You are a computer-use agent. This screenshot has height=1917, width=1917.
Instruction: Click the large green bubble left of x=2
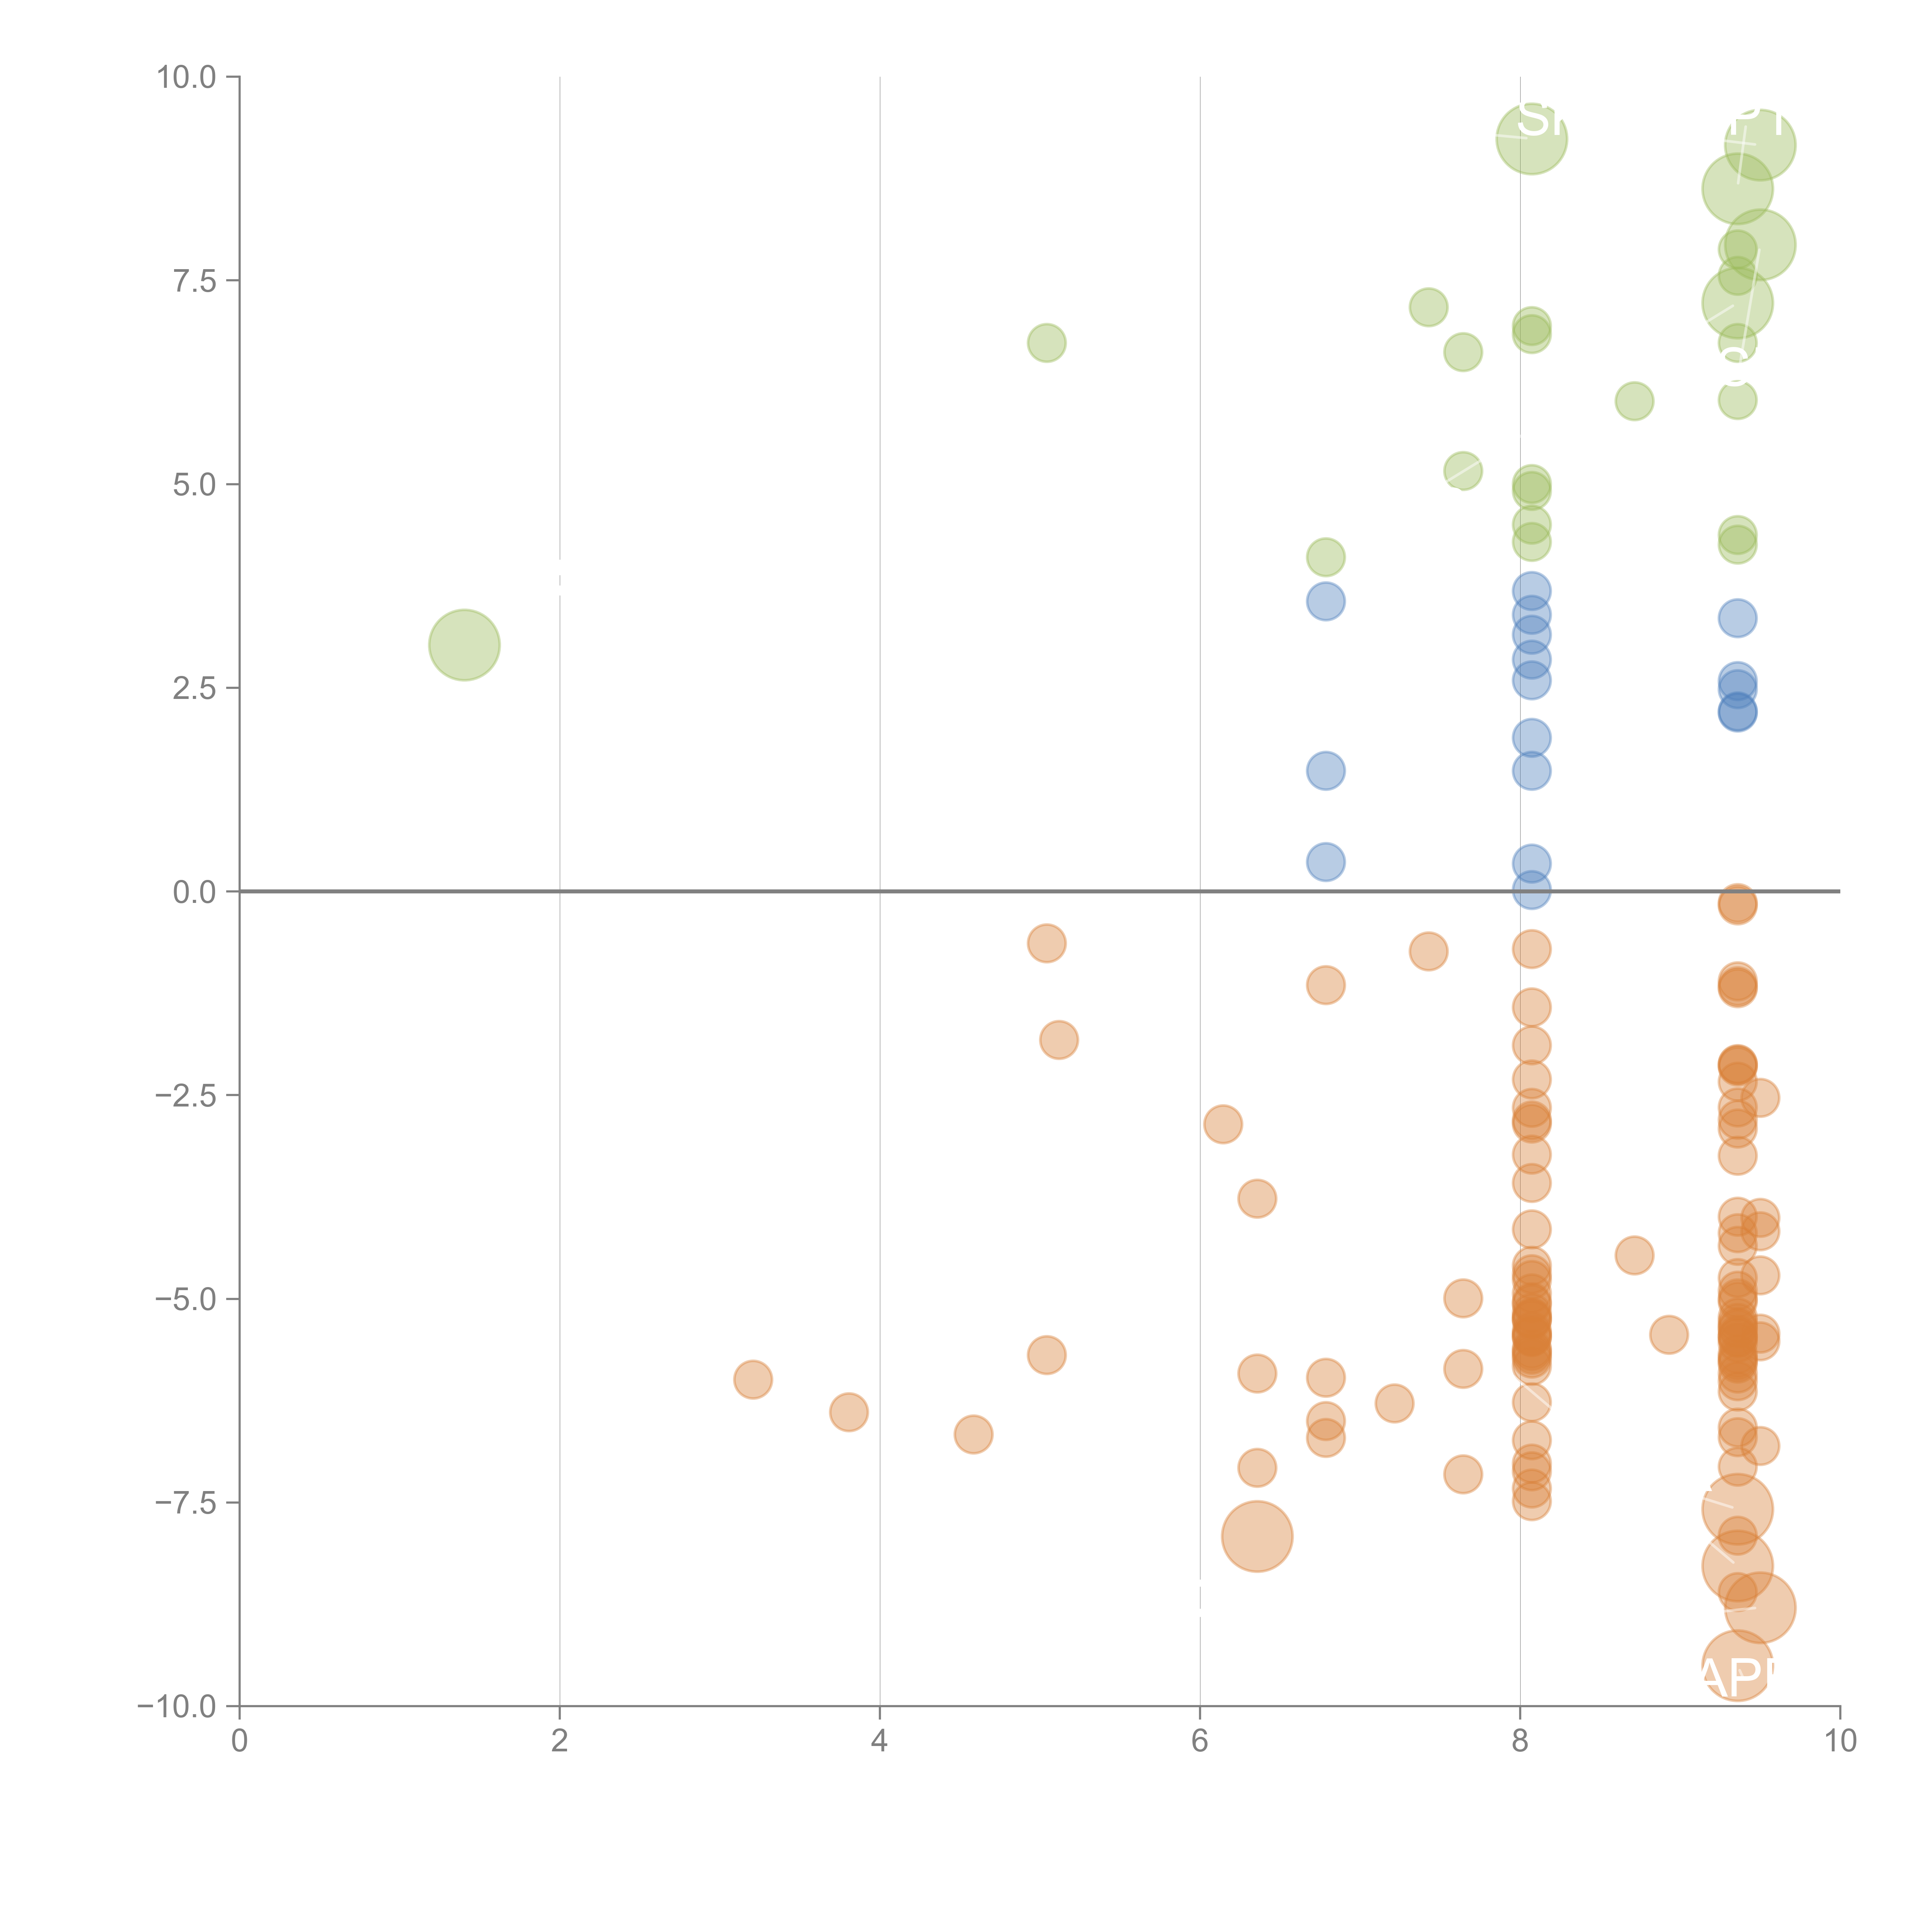click(464, 645)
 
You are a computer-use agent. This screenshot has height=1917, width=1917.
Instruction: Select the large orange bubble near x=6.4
click(1257, 1536)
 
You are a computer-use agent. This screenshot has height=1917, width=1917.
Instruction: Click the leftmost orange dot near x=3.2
click(753, 1379)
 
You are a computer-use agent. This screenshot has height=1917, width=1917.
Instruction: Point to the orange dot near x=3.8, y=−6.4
click(848, 1412)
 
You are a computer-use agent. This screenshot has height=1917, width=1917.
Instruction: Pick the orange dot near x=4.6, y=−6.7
click(973, 1434)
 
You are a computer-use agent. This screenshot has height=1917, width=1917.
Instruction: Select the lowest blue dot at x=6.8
click(1326, 861)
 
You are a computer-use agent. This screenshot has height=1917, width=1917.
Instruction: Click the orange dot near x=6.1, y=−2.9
click(1222, 1124)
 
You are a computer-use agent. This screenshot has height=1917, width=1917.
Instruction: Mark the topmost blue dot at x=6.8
click(1326, 601)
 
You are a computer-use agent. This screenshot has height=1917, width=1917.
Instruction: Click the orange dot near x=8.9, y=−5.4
click(1669, 1335)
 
